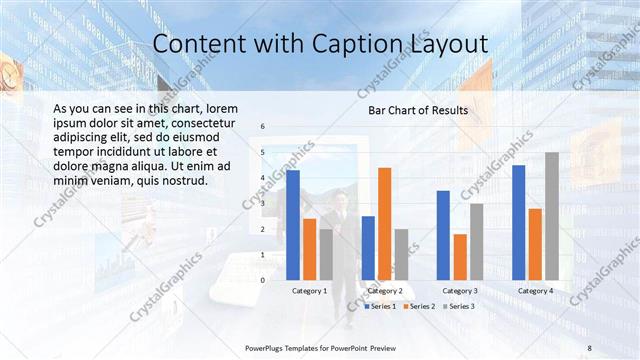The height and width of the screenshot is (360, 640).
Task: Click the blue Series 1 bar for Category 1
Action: [293, 225]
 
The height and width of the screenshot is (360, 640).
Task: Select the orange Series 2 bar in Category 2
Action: [385, 224]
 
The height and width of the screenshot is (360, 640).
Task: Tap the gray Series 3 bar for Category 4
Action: [552, 216]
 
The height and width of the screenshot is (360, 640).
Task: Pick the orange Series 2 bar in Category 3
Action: [460, 257]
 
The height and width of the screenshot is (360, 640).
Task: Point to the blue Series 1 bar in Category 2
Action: [368, 248]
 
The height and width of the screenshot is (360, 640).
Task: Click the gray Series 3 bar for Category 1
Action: [326, 255]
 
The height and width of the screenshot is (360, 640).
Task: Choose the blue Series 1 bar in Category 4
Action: [519, 222]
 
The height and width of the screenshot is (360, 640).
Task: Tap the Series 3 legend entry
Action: [459, 306]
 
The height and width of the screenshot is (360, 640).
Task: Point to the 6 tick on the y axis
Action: [262, 127]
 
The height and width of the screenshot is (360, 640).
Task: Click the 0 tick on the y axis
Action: [262, 280]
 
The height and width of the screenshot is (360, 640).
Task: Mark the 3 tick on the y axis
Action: [262, 204]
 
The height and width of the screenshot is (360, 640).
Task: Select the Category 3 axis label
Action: [460, 291]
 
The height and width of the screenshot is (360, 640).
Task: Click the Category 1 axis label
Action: [309, 291]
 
